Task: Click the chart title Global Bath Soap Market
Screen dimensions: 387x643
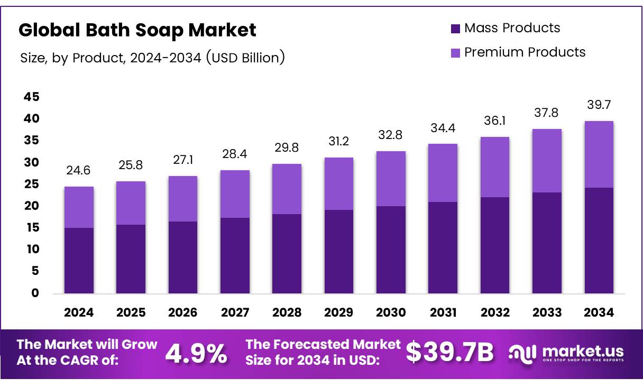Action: tap(137, 30)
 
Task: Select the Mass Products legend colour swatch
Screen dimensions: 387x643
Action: tap(455, 29)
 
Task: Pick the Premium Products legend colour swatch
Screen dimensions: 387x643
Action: tap(455, 53)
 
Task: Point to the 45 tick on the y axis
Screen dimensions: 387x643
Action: tap(31, 97)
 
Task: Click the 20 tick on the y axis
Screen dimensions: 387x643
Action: tap(31, 206)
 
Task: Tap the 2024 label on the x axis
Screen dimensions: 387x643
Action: tap(79, 312)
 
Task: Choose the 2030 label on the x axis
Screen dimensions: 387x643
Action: tap(391, 312)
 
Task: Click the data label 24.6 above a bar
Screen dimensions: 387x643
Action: tap(79, 171)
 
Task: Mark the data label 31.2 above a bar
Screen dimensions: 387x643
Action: tap(339, 142)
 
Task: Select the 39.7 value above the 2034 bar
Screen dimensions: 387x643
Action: tap(599, 105)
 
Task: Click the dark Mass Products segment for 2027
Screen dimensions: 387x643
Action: tap(235, 255)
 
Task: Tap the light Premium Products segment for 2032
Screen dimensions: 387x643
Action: tap(495, 167)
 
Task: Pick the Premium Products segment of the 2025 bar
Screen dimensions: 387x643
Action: tap(131, 203)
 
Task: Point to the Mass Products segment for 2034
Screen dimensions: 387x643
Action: tap(599, 241)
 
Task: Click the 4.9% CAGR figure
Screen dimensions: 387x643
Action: tap(196, 353)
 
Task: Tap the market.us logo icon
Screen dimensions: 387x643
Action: tap(522, 353)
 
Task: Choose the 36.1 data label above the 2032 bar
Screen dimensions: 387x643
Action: tap(495, 121)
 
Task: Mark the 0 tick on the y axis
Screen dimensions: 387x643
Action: tap(35, 293)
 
